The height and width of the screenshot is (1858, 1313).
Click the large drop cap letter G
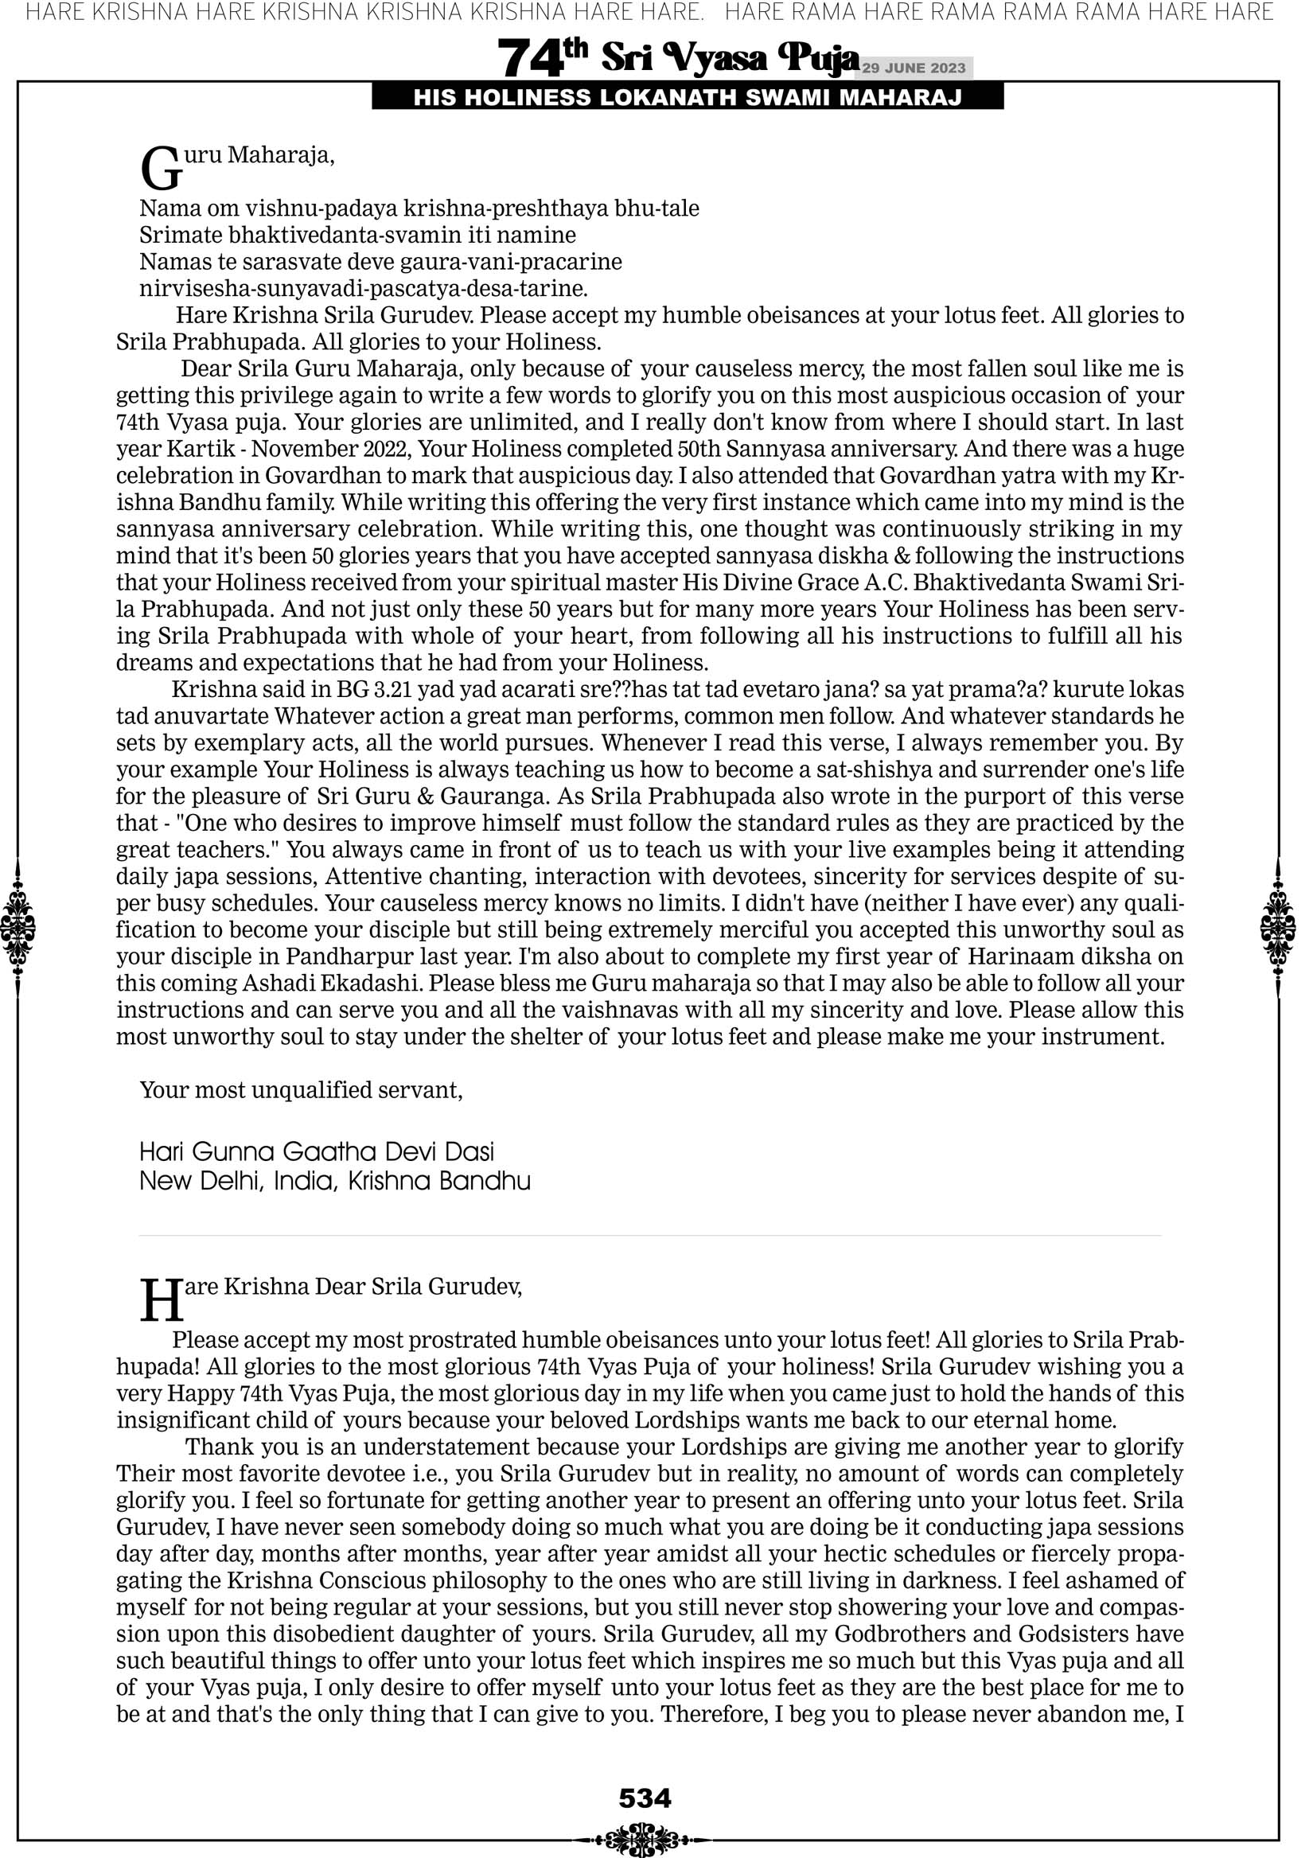tap(159, 169)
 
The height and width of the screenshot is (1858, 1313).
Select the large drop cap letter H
tap(161, 1301)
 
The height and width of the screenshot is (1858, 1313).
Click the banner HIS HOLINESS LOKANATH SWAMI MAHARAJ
tap(688, 98)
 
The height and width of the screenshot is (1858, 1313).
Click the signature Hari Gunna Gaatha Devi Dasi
tap(317, 1151)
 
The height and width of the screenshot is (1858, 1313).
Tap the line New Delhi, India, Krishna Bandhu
tap(335, 1182)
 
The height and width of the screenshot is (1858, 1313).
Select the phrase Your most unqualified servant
tap(300, 1091)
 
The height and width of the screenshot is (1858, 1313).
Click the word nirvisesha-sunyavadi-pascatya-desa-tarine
tap(364, 289)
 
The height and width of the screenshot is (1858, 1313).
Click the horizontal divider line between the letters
tap(649, 1236)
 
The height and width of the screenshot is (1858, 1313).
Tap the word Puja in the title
tap(817, 58)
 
